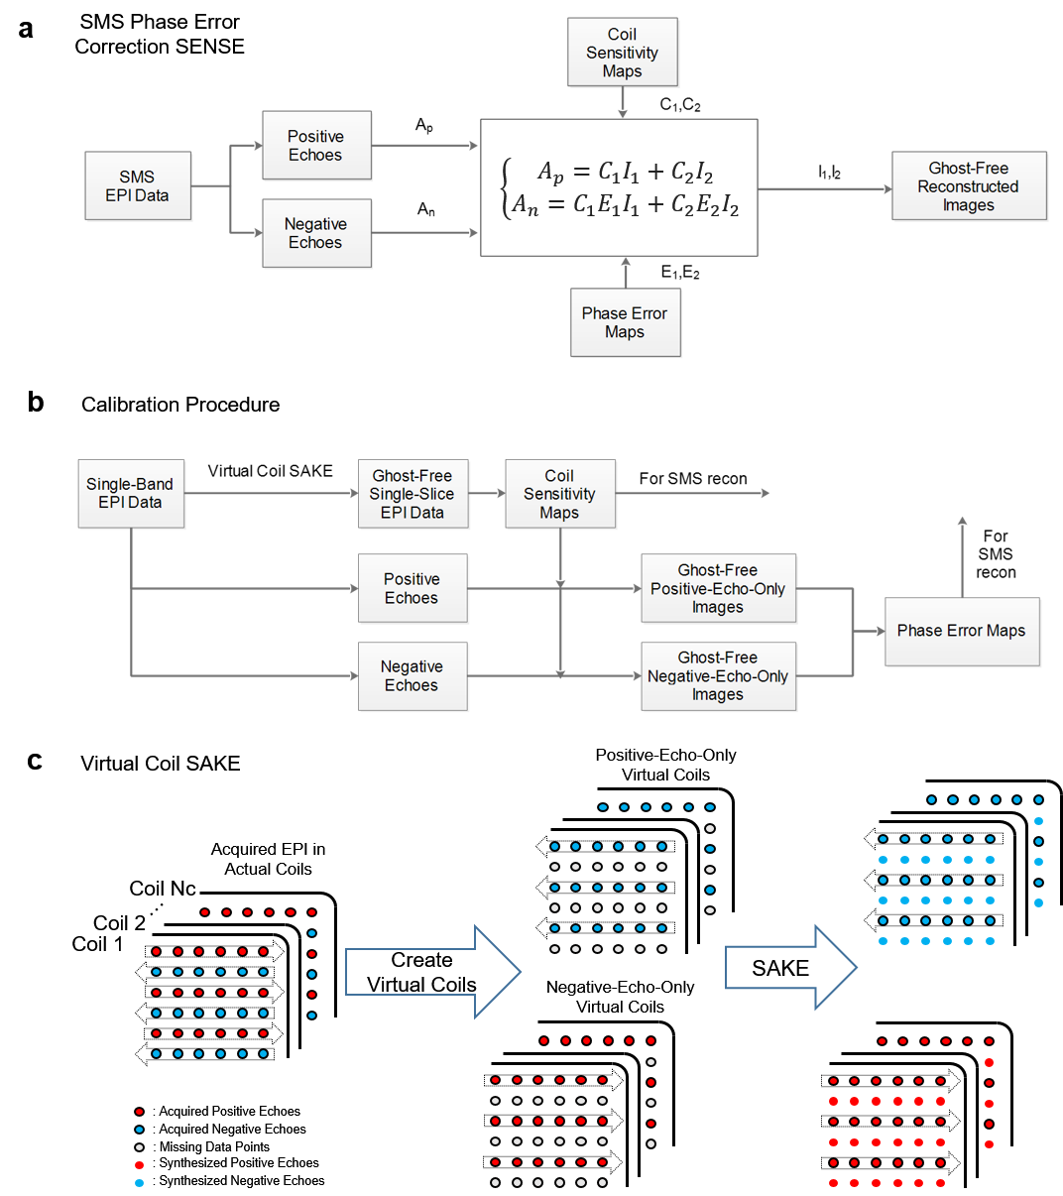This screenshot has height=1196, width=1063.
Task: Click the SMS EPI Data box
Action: pos(137,185)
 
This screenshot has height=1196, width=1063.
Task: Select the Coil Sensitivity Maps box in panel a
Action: pos(622,53)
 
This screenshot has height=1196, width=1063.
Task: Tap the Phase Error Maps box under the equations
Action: pos(625,322)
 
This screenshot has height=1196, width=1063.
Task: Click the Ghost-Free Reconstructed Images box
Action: pos(968,186)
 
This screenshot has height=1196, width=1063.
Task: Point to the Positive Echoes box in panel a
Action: pos(315,145)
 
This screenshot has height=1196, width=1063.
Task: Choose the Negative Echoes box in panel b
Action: pos(412,675)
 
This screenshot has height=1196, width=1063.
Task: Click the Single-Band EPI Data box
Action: pos(130,493)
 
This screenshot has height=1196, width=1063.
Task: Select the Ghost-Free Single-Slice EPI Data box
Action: pos(412,494)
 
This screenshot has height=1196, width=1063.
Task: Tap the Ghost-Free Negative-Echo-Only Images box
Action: pos(718,675)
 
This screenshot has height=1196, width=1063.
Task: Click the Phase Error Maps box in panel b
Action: pos(961,631)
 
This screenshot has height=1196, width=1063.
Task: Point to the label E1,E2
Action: pos(680,273)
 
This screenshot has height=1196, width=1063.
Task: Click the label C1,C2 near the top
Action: pos(680,105)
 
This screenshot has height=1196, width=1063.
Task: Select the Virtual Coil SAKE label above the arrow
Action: pos(270,471)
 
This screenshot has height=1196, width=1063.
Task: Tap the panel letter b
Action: pos(36,402)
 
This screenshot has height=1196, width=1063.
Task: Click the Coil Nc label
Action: pos(163,889)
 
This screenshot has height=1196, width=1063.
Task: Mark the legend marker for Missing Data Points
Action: pos(139,1147)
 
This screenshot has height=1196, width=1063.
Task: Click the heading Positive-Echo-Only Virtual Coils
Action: pos(665,765)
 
